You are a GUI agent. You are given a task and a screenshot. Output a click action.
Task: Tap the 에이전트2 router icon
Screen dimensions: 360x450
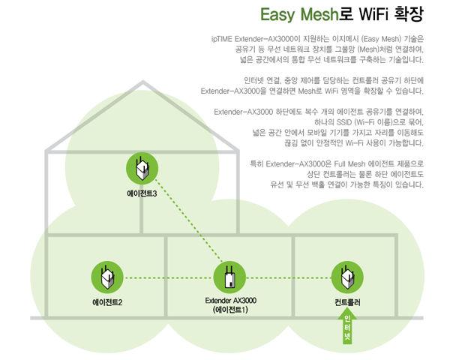point(106,277)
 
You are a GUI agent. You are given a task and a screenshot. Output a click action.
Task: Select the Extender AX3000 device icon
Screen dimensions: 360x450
point(229,277)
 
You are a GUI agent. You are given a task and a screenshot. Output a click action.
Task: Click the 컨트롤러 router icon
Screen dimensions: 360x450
point(347,277)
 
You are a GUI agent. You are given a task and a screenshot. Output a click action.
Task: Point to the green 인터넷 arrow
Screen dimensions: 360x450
point(347,330)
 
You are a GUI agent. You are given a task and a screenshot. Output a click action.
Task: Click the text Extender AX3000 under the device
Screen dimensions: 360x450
point(230,300)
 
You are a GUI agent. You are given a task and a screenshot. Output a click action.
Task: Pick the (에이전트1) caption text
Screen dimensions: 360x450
point(230,310)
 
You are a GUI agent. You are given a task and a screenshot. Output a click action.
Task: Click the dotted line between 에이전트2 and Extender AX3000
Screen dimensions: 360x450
point(168,278)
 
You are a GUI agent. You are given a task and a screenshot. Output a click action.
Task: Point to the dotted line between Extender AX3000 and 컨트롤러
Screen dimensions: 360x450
point(289,278)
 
